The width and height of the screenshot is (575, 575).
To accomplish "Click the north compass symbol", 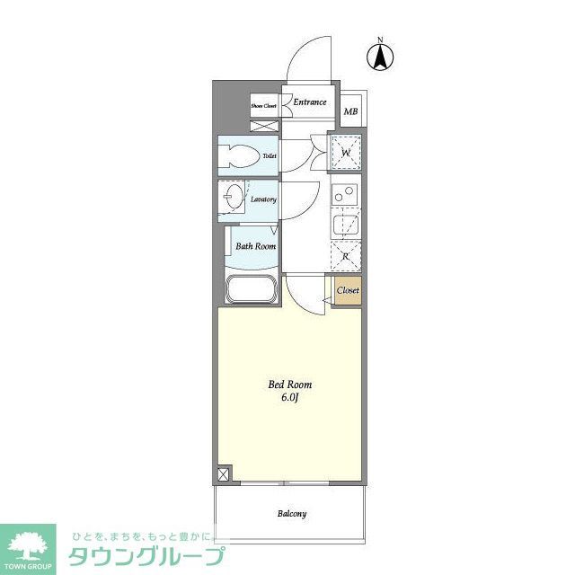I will coord(381,56).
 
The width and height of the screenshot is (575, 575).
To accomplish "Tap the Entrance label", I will coord(310,102).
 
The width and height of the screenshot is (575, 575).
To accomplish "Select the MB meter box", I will coord(350,111).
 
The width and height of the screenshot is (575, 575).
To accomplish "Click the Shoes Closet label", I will coord(263,106).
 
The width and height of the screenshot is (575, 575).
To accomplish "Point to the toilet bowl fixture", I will coord(241,156).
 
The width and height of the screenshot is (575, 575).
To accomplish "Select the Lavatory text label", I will coord(263,199).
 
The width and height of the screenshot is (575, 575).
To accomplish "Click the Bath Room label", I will coord(255,246).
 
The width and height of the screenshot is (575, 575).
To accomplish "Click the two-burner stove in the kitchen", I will coord(345,193).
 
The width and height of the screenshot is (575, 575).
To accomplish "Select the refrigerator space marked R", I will coord(346,256).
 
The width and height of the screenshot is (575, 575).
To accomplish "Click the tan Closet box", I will coord(347,291).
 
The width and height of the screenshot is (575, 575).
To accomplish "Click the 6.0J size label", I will coord(288,397).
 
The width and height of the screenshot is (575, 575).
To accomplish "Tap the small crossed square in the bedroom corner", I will coord(223,474).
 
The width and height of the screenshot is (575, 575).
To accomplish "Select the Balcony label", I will coord(290,514).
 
